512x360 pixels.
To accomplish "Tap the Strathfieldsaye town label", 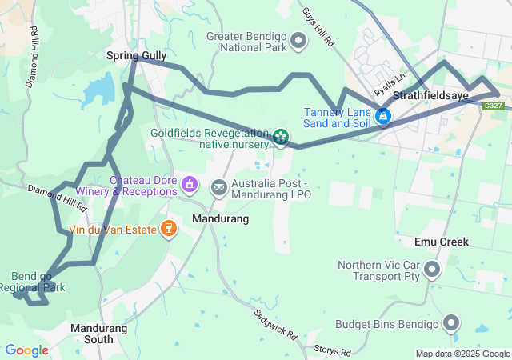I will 448,94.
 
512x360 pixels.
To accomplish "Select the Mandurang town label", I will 221,218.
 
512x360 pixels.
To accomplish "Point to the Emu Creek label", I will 442,242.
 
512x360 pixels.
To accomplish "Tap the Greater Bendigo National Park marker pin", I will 299,39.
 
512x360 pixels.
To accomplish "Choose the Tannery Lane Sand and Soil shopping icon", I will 383,117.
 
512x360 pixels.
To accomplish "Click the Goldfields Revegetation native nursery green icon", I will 281,138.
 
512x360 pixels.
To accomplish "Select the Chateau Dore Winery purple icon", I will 190,186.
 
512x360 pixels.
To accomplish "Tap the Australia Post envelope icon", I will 218,187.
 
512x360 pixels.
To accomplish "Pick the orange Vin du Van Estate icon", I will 167,230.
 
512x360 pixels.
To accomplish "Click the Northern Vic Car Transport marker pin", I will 432,270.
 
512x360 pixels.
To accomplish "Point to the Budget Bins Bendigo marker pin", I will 451,324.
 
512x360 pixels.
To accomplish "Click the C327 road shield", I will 494,106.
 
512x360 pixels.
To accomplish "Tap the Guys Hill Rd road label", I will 318,25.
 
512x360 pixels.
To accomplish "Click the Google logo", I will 26,350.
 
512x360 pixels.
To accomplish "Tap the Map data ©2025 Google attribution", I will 462,354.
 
